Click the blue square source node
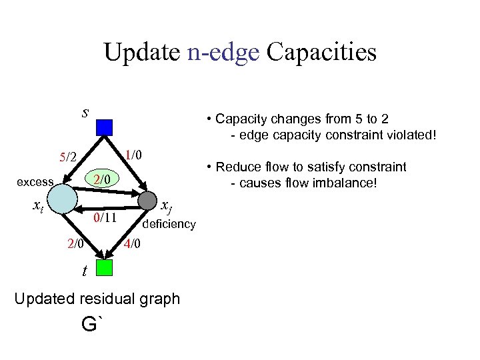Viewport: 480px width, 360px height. point(104,127)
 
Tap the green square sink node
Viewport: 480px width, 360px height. point(104,268)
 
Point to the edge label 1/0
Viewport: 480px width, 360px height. point(136,155)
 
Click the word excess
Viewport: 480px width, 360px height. point(35,182)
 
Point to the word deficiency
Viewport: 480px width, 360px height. point(169,224)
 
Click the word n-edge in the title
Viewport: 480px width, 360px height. point(223,52)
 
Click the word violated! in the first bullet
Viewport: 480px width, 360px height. point(411,135)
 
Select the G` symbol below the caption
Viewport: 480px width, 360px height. point(93,325)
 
